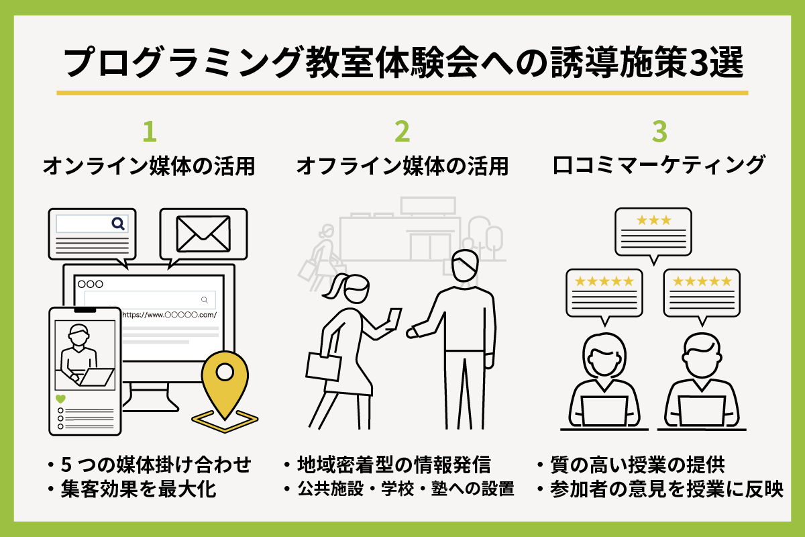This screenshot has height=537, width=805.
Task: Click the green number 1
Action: coord(149,132)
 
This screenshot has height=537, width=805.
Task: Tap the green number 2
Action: coord(402,132)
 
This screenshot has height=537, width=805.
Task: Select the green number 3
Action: coord(660,132)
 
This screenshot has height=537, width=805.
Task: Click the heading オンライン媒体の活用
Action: coord(149,166)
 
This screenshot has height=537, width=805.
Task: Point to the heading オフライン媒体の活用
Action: coord(402,166)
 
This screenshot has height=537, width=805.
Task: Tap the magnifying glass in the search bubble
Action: coord(118,224)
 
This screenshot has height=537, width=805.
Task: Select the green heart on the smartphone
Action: coord(60,399)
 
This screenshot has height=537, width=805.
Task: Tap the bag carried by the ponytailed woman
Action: coord(325,366)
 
